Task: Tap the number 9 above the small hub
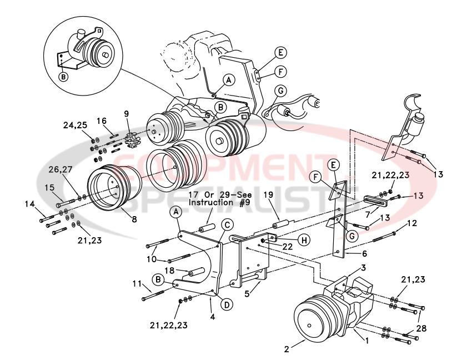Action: (127, 113)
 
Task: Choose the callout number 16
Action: (102, 120)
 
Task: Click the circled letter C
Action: (227, 225)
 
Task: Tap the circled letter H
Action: (304, 241)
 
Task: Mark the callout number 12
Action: (412, 223)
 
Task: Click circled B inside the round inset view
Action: (64, 77)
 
